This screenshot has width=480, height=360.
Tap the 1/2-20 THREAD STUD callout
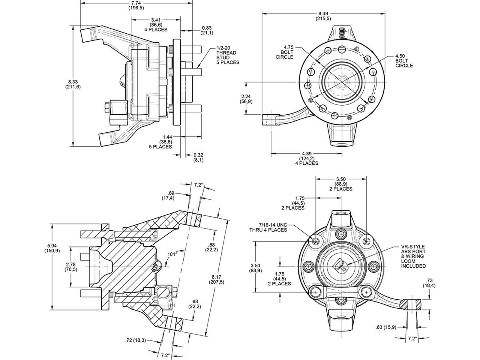pyautogui.click(x=228, y=55)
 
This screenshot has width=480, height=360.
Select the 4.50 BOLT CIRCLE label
pyautogui.click(x=404, y=61)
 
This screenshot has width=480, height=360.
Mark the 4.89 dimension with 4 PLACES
pyautogui.click(x=306, y=158)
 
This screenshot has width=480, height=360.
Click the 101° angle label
pyautogui.click(x=172, y=254)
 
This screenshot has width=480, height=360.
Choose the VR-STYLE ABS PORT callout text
pyautogui.click(x=413, y=256)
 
